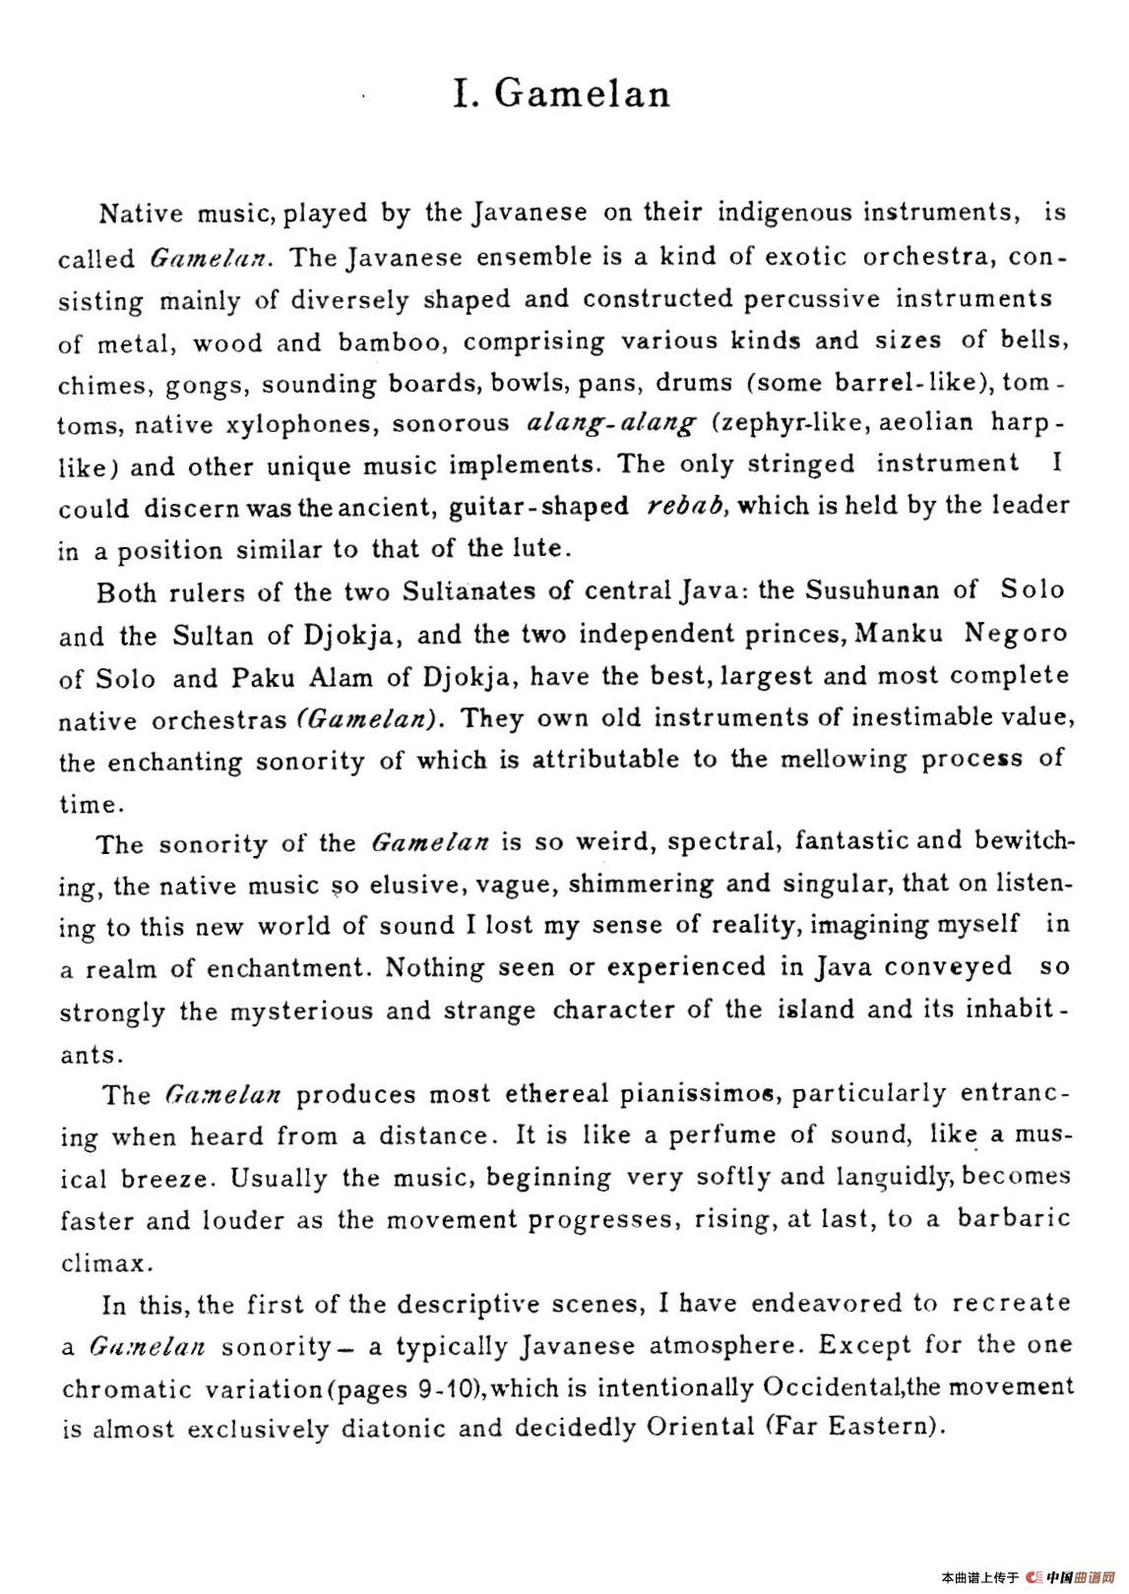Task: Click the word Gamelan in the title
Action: [582, 93]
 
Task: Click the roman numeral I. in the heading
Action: [467, 93]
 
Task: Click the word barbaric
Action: [1014, 1218]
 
